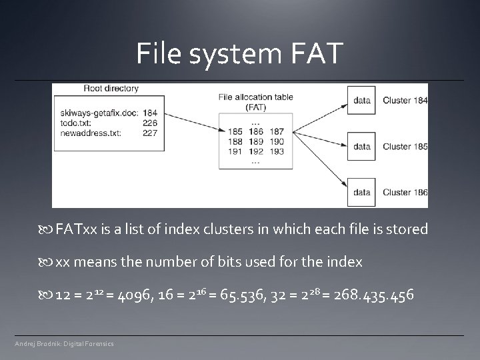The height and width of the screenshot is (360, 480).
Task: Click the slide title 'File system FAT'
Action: [x=240, y=53]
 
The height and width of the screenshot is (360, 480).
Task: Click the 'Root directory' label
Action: [x=111, y=89]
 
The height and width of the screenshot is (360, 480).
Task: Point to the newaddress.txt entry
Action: [x=90, y=133]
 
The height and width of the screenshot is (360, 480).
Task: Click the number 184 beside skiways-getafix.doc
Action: [x=149, y=113]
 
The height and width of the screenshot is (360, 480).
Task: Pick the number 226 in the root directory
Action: [x=149, y=123]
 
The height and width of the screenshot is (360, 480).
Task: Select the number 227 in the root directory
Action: [x=149, y=133]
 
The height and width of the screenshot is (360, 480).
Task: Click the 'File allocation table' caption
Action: [x=255, y=97]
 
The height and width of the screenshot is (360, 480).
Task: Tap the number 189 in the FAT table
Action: [x=255, y=141]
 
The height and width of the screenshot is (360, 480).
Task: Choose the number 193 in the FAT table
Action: [x=277, y=151]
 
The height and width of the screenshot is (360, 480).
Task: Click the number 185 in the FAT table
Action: [x=235, y=132]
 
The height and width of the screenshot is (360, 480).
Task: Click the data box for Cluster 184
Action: [x=362, y=101]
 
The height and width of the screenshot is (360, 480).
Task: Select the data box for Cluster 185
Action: [x=362, y=146]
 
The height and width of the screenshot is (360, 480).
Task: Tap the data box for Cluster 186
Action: [x=362, y=192]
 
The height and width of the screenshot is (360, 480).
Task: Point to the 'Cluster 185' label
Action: [x=405, y=146]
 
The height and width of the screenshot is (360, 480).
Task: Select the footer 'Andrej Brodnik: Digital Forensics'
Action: [x=65, y=343]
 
